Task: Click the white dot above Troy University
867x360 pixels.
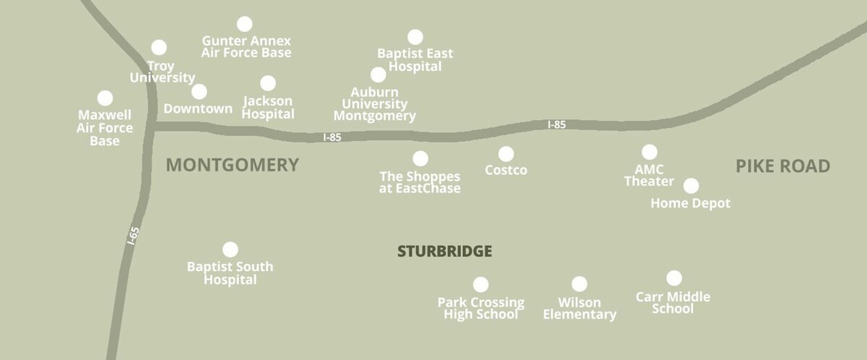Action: tap(159, 47)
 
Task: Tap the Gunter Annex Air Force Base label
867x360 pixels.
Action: tap(246, 47)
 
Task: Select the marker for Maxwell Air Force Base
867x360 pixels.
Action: tap(105, 98)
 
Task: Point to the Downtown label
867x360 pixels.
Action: tap(198, 109)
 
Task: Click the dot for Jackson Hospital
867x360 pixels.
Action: tap(268, 83)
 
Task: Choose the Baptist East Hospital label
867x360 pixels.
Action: tap(415, 60)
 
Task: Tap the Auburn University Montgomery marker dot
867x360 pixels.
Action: tap(378, 74)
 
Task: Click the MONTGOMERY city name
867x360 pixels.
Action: tap(232, 166)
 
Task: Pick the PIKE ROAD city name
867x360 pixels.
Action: tap(782, 166)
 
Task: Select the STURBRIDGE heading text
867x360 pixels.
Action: tap(444, 252)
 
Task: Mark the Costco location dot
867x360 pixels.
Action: tap(506, 154)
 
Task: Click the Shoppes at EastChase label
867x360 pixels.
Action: tap(420, 182)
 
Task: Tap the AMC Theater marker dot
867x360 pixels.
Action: tap(650, 152)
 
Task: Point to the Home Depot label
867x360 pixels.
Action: tap(690, 204)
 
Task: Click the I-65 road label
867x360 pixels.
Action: tap(133, 236)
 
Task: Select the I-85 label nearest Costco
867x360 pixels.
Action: tap(556, 124)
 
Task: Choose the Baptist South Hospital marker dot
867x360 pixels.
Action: tap(230, 249)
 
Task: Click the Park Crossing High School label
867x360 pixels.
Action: tap(480, 308)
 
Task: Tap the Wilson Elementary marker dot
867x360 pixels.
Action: tap(579, 284)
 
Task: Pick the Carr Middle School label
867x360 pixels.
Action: tap(673, 302)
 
